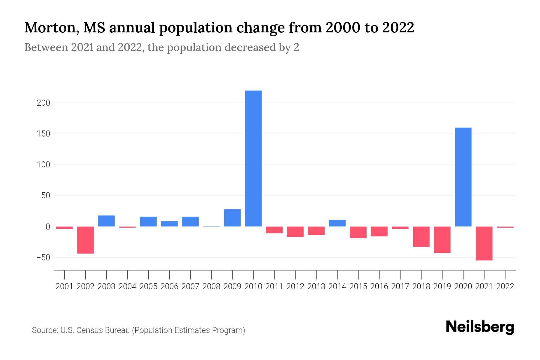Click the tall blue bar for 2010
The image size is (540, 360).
coord(253,158)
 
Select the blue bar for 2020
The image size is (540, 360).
coord(463,177)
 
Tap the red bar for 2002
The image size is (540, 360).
coord(85,240)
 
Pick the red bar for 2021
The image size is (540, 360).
coord(484,243)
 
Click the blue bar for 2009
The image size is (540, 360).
coord(232,218)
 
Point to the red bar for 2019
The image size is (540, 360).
coord(442,240)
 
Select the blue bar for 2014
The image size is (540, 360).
coord(337,223)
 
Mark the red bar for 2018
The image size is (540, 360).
coord(421,237)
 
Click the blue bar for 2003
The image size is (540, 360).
coord(106,221)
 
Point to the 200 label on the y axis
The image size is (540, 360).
coord(43,103)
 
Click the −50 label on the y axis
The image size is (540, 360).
coord(43,258)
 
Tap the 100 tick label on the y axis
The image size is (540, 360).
coord(43,165)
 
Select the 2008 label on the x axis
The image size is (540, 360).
coord(211,286)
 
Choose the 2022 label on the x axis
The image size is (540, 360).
coord(505,286)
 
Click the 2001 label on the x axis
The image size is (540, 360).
coord(64,286)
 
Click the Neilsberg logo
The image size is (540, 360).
coord(480,327)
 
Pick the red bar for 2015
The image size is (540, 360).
coord(358,232)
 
